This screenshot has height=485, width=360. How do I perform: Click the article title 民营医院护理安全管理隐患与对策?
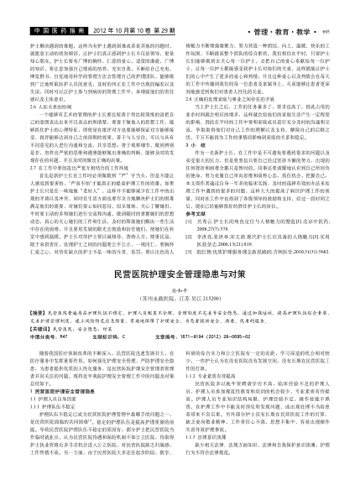pyautogui.click(x=179, y=250)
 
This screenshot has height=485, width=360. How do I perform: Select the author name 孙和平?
pyautogui.click(x=179, y=264)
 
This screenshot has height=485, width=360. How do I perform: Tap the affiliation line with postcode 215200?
pyautogui.click(x=179, y=273)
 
